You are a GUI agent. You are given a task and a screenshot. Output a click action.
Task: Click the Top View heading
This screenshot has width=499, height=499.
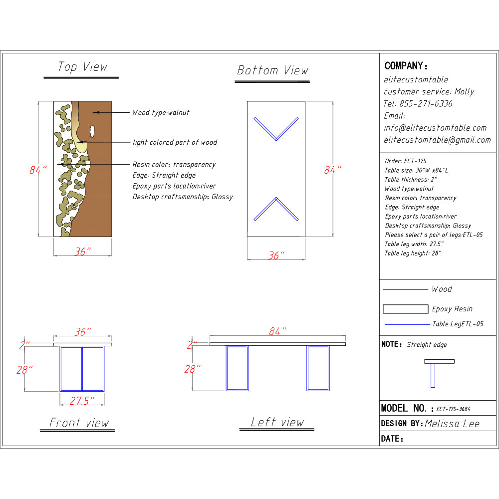[x=82, y=67]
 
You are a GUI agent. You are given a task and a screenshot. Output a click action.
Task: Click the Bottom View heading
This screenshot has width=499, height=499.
[x=272, y=70]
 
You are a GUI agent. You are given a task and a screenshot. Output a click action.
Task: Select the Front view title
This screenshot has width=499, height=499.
[x=79, y=423]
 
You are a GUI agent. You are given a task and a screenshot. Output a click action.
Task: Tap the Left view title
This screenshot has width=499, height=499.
[x=277, y=422]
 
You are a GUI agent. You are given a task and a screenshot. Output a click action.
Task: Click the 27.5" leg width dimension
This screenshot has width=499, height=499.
[x=82, y=400]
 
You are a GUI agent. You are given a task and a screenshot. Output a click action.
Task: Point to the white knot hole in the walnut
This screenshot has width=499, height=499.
[x=92, y=131]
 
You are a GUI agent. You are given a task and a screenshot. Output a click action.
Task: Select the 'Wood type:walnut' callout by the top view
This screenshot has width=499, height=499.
[x=160, y=113]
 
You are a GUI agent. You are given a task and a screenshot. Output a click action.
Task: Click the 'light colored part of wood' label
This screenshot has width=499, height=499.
[x=175, y=142]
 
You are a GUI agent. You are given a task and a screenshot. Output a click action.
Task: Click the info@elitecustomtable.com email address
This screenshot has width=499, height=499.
[x=435, y=128]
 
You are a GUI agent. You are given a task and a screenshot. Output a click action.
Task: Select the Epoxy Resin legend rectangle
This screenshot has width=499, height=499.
[x=405, y=309]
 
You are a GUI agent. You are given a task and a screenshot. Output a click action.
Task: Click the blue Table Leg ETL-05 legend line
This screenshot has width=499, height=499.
[x=407, y=324]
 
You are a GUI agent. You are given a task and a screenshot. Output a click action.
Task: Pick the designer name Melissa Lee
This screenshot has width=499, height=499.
[x=452, y=424]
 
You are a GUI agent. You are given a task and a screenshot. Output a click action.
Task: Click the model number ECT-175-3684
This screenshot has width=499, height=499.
[x=453, y=409]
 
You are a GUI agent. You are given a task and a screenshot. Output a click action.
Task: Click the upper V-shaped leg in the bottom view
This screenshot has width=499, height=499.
[x=276, y=129]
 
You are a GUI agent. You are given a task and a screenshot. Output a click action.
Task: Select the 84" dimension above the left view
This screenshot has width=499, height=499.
[x=277, y=331]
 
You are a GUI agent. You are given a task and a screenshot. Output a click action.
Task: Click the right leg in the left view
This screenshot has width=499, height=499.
[x=318, y=368]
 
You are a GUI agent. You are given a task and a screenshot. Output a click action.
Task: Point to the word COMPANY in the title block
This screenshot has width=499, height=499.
[x=405, y=66]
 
